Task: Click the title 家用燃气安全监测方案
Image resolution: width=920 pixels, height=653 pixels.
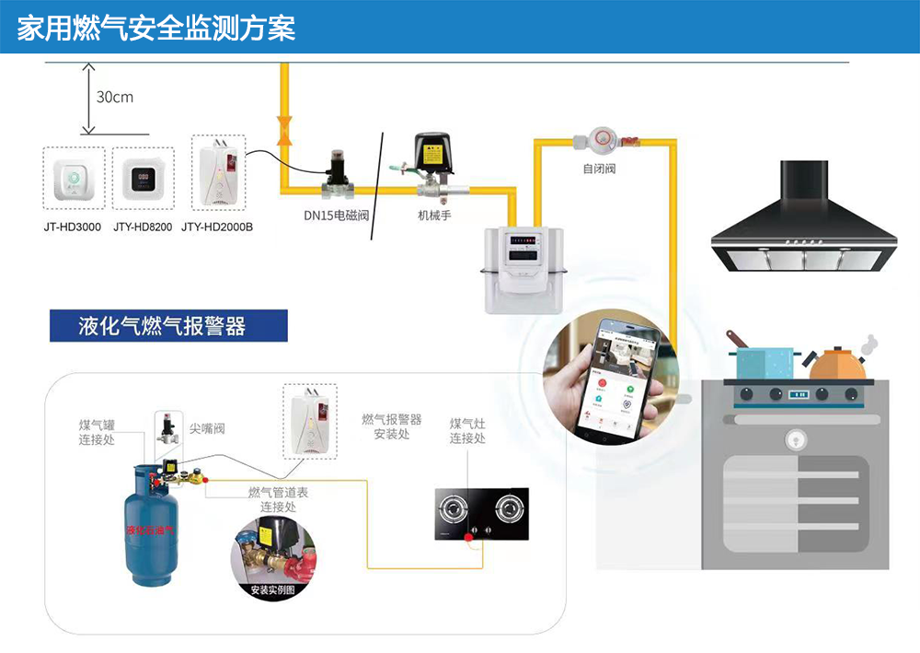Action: point(156,28)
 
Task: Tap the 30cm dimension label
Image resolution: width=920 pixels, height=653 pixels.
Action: point(115,97)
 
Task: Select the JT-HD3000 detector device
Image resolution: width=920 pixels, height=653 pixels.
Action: point(73,174)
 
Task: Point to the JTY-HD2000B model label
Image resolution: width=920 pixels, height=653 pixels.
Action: point(217,227)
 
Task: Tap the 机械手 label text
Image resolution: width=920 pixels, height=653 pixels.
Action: point(434,216)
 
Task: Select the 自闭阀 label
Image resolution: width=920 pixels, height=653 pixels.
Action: point(599,169)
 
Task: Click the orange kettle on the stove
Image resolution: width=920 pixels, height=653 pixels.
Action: point(837,363)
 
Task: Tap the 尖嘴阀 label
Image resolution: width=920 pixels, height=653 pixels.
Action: point(207,428)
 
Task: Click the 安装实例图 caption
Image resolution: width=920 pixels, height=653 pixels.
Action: point(272,590)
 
